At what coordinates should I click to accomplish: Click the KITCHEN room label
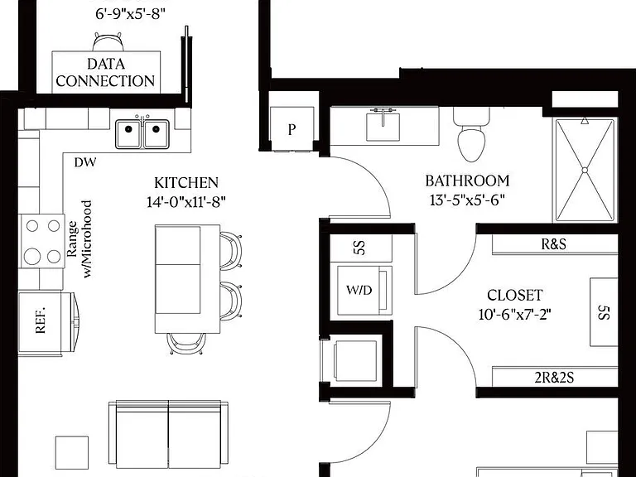pyautogui.click(x=186, y=183)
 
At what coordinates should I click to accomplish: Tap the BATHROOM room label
pyautogui.click(x=467, y=181)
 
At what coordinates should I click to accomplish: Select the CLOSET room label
pyautogui.click(x=515, y=296)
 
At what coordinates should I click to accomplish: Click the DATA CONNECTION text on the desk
pyautogui.click(x=105, y=73)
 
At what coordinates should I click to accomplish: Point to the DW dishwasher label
pyautogui.click(x=85, y=162)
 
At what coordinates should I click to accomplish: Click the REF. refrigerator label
pyautogui.click(x=40, y=320)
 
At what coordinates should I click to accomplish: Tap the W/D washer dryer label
pyautogui.click(x=359, y=290)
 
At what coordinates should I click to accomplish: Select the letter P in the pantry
pyautogui.click(x=291, y=129)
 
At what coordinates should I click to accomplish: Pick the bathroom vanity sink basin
pyautogui.click(x=383, y=126)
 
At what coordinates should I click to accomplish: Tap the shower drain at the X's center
pyautogui.click(x=585, y=171)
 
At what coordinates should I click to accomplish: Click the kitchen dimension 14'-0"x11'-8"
pyautogui.click(x=186, y=201)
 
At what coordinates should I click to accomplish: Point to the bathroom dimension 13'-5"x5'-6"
pyautogui.click(x=467, y=200)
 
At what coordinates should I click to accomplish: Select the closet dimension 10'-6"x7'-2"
pyautogui.click(x=515, y=315)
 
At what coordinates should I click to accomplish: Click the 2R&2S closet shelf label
pyautogui.click(x=554, y=378)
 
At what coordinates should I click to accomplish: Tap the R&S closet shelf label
pyautogui.click(x=554, y=244)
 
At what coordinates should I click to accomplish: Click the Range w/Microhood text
pyautogui.click(x=79, y=239)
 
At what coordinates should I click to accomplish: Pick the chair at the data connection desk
pyautogui.click(x=108, y=41)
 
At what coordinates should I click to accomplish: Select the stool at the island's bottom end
pyautogui.click(x=186, y=343)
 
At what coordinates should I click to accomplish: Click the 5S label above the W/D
pyautogui.click(x=359, y=248)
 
